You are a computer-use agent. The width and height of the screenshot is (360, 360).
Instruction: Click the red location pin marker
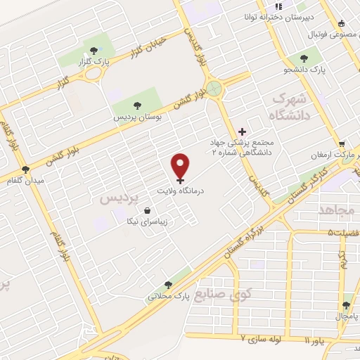coord(181,166)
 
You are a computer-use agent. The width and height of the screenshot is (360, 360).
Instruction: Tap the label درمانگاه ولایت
coord(181,191)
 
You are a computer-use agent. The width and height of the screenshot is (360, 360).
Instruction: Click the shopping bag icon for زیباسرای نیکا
coord(147,210)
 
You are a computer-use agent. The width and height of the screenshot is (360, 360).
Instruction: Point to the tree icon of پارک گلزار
coord(94,50)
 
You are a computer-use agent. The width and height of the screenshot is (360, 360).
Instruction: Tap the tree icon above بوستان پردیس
coord(137,105)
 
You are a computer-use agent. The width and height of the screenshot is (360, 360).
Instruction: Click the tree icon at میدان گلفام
coord(26,169)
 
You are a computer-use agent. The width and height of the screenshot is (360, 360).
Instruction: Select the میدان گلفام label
coord(25,181)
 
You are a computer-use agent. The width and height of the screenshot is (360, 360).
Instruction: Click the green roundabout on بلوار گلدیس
coord(214,89)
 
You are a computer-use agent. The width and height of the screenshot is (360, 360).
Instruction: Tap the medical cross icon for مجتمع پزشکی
coord(242,131)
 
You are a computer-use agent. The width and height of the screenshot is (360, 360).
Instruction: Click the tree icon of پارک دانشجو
coord(304,59)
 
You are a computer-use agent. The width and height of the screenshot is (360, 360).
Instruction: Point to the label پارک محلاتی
coord(165,297)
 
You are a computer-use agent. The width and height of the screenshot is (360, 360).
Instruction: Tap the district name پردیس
coord(116,198)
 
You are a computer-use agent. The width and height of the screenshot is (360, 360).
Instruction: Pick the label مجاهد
coord(337,210)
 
